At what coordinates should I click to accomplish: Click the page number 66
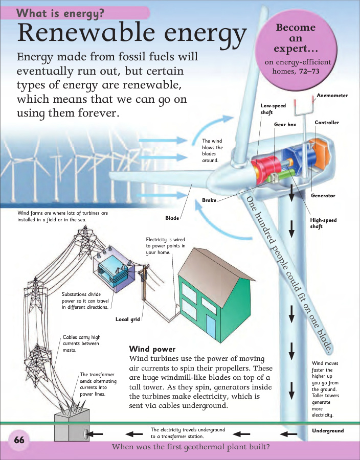click(x=19, y=440)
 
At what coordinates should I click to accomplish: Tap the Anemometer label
click(x=332, y=96)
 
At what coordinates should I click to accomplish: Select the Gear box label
click(x=285, y=124)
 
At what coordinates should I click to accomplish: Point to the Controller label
click(x=327, y=123)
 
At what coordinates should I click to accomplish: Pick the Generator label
click(x=323, y=196)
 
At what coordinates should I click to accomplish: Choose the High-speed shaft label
click(x=323, y=223)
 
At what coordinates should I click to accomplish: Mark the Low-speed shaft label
click(x=273, y=109)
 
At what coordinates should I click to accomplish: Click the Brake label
click(x=209, y=200)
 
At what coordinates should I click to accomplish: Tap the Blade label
click(x=172, y=218)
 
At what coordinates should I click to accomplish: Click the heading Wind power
click(x=152, y=349)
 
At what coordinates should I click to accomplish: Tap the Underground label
click(x=328, y=431)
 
